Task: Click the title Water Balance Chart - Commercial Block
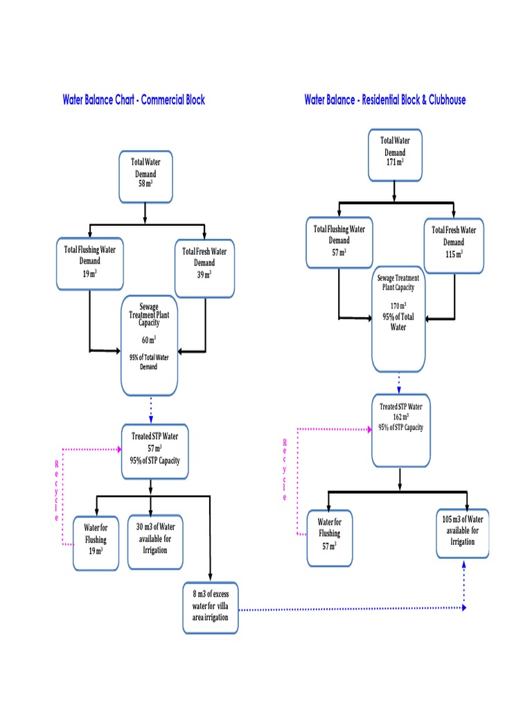134,100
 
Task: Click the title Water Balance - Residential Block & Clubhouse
385,100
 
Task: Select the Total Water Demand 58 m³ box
145,177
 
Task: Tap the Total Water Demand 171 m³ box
395,154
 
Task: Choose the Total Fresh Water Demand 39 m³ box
204,262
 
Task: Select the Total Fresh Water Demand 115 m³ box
454,242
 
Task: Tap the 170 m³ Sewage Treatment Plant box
398,318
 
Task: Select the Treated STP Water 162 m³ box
400,430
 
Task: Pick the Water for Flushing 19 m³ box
96,543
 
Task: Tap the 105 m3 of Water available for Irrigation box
463,532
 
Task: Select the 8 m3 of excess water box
211,607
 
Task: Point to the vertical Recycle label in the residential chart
283,469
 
